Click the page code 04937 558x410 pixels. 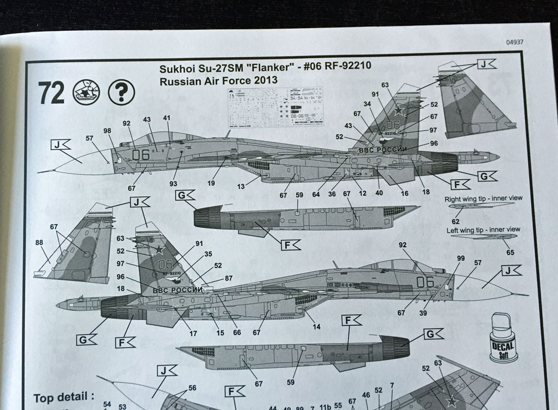click(514, 42)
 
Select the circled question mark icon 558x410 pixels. click(117, 91)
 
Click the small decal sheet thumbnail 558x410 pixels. click(276, 107)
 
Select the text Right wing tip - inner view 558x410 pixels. click(483, 199)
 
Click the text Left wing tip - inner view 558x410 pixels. click(483, 229)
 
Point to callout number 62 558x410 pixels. click(455, 214)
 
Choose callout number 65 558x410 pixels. click(510, 253)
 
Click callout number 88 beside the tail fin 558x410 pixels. click(39, 243)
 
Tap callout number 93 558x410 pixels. click(173, 183)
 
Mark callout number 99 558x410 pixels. click(445, 258)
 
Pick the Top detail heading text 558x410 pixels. click(63, 398)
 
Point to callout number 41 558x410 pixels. click(167, 118)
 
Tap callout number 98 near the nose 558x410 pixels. click(108, 131)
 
